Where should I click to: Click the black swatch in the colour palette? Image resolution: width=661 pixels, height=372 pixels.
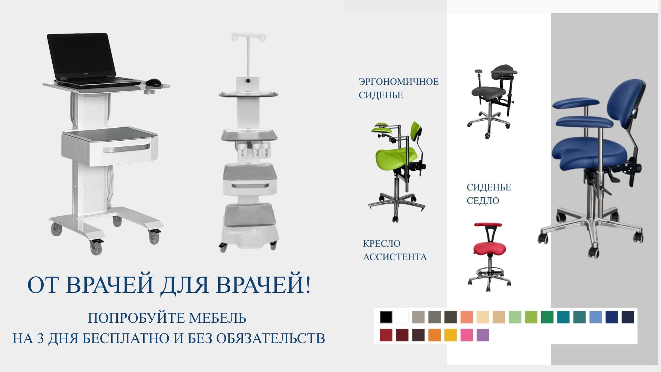(386, 317)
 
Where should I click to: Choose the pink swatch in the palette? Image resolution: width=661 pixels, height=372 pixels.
(466, 335)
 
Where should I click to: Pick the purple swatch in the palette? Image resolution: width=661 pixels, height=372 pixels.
(483, 335)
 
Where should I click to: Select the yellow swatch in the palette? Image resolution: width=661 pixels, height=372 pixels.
(450, 335)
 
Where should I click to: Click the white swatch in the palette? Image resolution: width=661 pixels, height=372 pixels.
(402, 317)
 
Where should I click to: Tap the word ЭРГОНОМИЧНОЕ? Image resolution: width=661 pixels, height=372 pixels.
(399, 82)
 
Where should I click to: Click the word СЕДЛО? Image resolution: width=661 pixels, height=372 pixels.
(483, 200)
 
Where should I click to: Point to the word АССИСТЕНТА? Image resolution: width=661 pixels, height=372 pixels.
(395, 257)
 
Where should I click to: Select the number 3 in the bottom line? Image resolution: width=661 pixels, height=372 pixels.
(41, 339)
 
